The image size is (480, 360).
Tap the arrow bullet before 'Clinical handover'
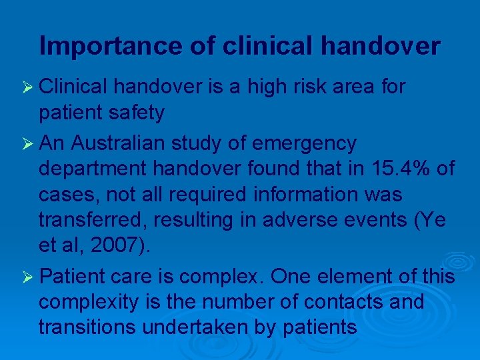click(x=28, y=87)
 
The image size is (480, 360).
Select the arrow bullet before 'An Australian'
click(x=28, y=143)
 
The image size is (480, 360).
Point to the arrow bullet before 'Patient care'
click(x=28, y=276)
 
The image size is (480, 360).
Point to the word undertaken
click(x=191, y=327)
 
